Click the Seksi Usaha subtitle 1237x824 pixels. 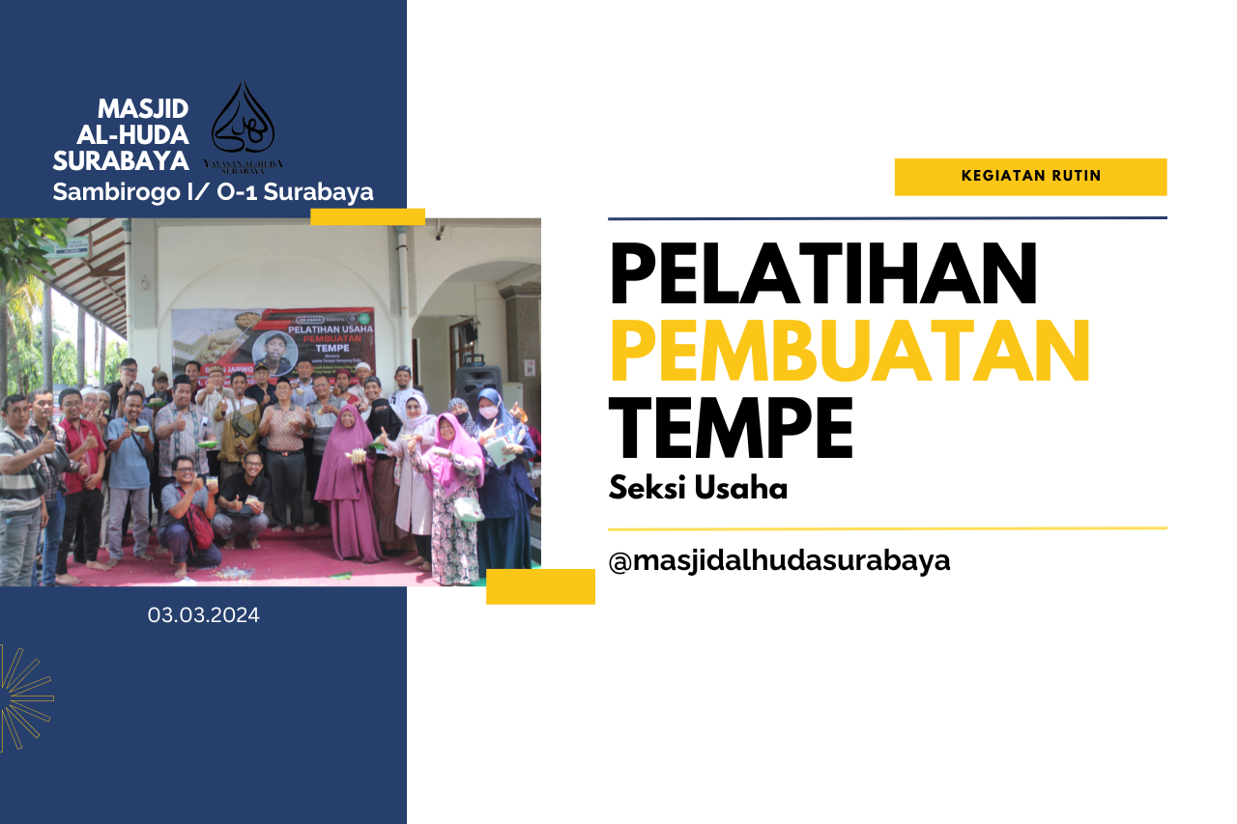coord(698,489)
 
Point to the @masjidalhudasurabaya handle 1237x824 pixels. coord(779,560)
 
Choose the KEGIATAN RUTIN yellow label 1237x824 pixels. coord(1030,177)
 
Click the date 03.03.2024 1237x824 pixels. coord(203,615)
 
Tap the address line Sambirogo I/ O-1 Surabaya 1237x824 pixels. coord(213,192)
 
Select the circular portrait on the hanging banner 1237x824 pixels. coord(273,350)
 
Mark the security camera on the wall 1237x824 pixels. coord(439,233)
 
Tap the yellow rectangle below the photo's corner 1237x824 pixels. coord(540,586)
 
